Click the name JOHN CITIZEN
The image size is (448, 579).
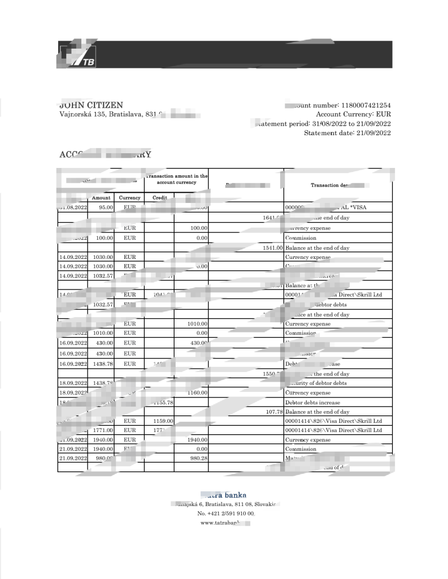point(91,105)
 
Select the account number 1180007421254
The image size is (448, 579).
point(366,105)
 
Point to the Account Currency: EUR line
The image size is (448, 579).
point(353,114)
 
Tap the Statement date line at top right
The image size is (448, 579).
point(347,133)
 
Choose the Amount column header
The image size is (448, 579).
point(101,198)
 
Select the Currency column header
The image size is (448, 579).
point(129,198)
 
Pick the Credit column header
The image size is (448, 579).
point(160,198)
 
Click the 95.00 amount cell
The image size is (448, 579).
point(106,208)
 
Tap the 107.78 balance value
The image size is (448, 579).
point(273,412)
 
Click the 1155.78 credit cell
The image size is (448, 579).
point(162,402)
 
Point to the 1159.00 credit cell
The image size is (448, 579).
point(162,421)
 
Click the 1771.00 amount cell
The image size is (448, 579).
point(103,430)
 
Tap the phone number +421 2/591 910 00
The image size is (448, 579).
point(225,513)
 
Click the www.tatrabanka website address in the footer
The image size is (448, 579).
point(224,523)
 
